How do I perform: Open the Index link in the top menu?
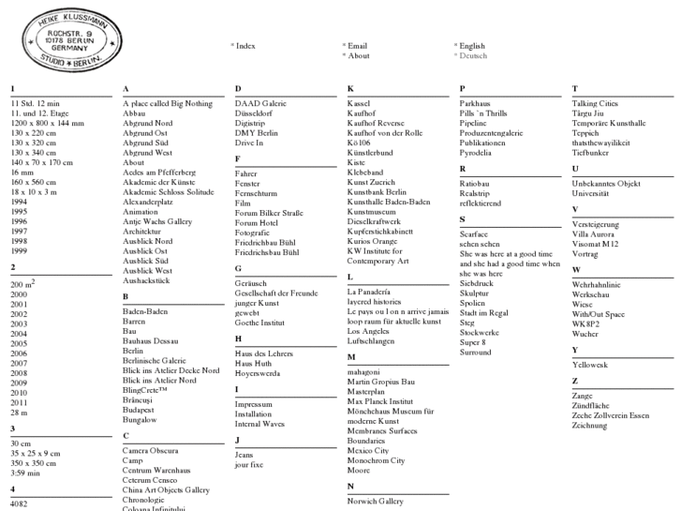[245, 45]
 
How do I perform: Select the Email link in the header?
[357, 45]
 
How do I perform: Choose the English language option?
[472, 45]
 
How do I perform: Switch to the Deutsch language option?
[473, 55]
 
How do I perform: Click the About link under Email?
[359, 55]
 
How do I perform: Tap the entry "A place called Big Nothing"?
[168, 103]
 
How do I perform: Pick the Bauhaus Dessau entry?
[150, 340]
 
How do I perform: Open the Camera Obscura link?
[150, 450]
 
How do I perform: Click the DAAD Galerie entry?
[260, 103]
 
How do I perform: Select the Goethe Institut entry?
[259, 322]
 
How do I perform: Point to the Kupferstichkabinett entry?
[379, 231]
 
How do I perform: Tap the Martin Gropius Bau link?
[380, 382]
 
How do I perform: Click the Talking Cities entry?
[595, 103]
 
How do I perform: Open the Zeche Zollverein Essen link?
[610, 415]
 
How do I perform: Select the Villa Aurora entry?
[593, 234]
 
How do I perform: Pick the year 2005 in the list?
[19, 343]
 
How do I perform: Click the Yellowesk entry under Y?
[589, 364]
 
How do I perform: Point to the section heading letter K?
[350, 89]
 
